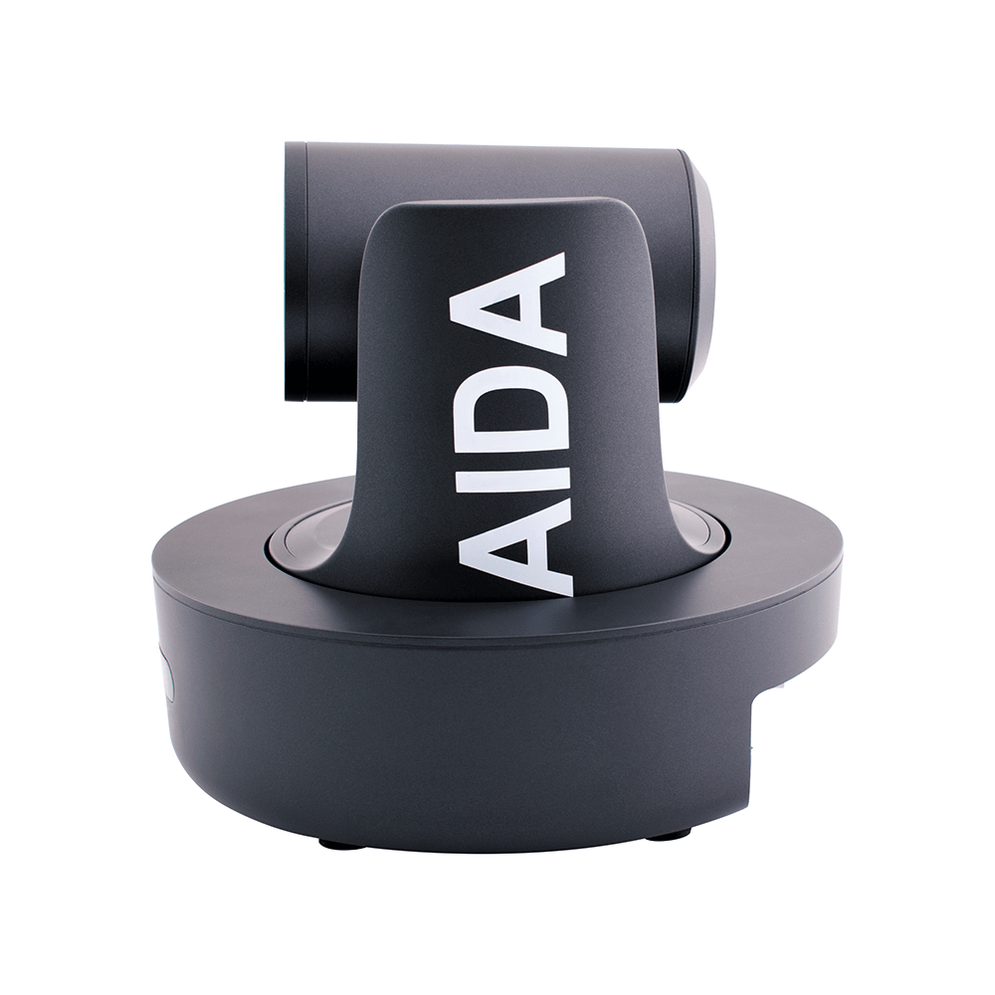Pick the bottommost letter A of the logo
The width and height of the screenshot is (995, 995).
pos(517,542)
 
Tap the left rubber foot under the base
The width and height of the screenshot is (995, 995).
pos(341,845)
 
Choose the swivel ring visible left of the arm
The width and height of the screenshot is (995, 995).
pos(303,538)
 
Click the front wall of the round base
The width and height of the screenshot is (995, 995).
pos(448,736)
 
